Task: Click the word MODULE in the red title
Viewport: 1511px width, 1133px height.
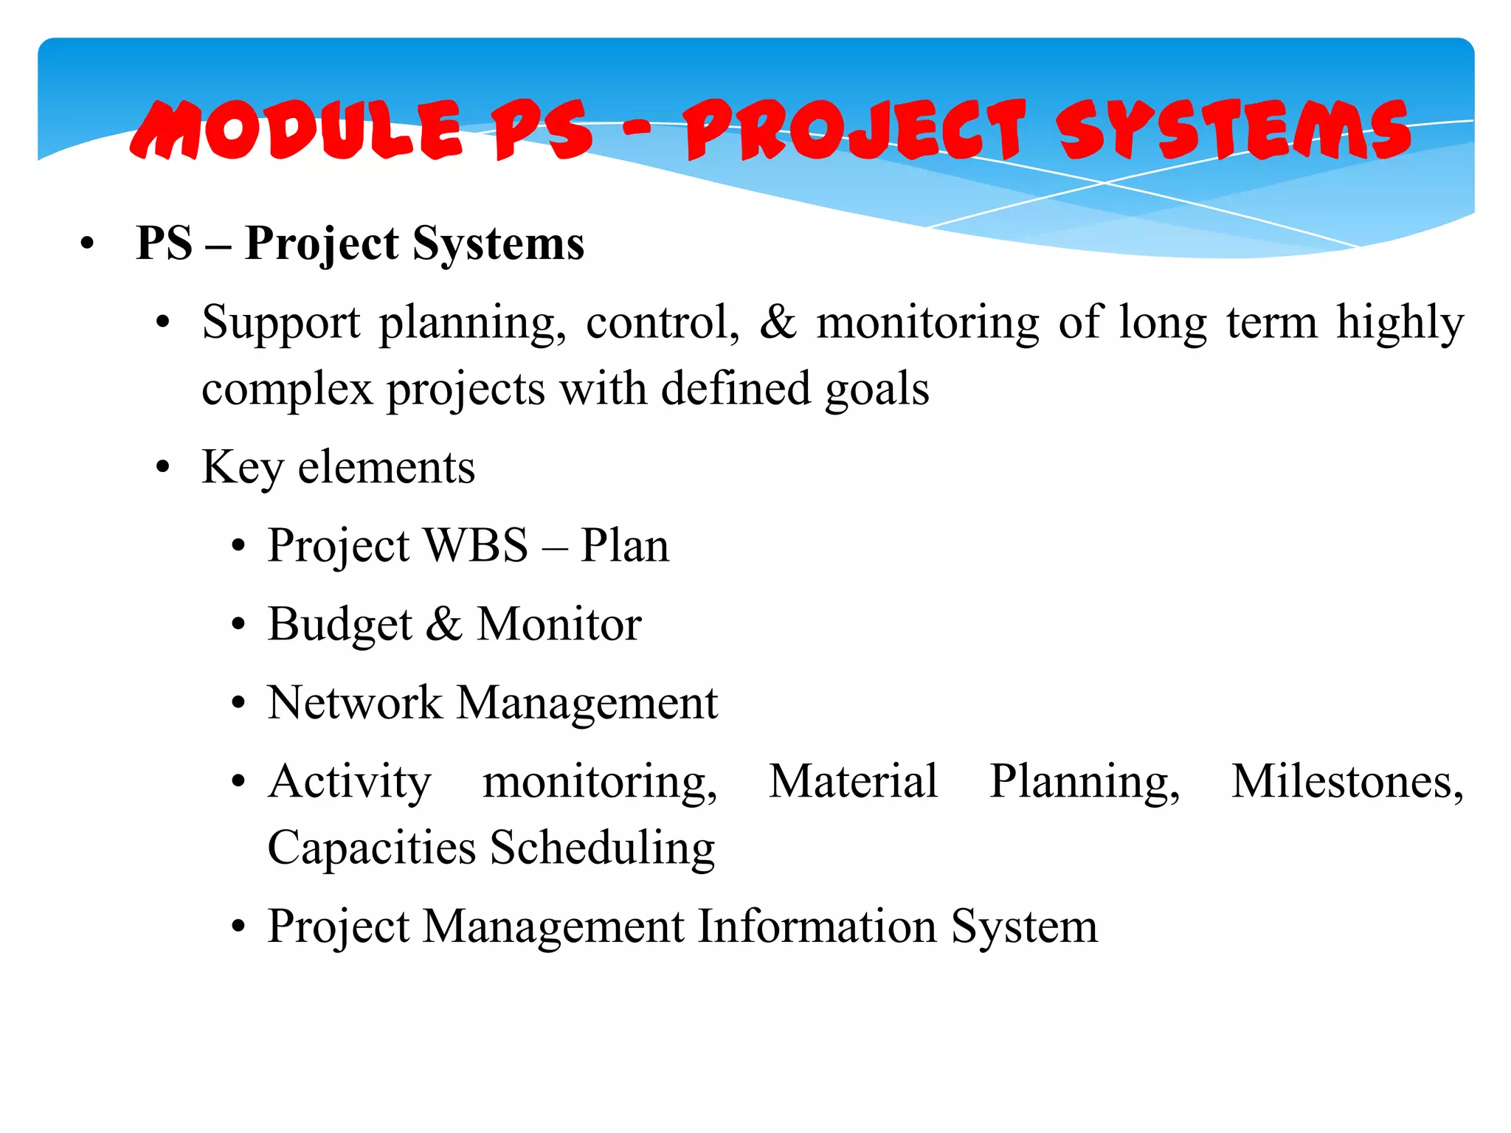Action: pos(295,131)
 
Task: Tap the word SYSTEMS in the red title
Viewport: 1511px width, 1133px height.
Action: pos(1232,131)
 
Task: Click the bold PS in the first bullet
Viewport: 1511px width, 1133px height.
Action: pos(165,243)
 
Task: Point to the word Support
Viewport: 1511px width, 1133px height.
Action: pos(281,324)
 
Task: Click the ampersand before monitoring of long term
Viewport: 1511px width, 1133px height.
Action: pos(778,322)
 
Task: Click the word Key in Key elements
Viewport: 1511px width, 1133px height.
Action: pos(242,468)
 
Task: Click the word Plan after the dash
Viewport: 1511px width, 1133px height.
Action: pos(624,546)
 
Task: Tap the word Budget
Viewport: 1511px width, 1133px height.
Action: pos(339,626)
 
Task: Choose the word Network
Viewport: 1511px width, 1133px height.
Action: pos(354,702)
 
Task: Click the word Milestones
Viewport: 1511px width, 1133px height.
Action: pos(1346,781)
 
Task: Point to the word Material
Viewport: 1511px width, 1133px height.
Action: pos(853,781)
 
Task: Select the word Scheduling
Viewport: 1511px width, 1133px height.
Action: pos(602,848)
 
